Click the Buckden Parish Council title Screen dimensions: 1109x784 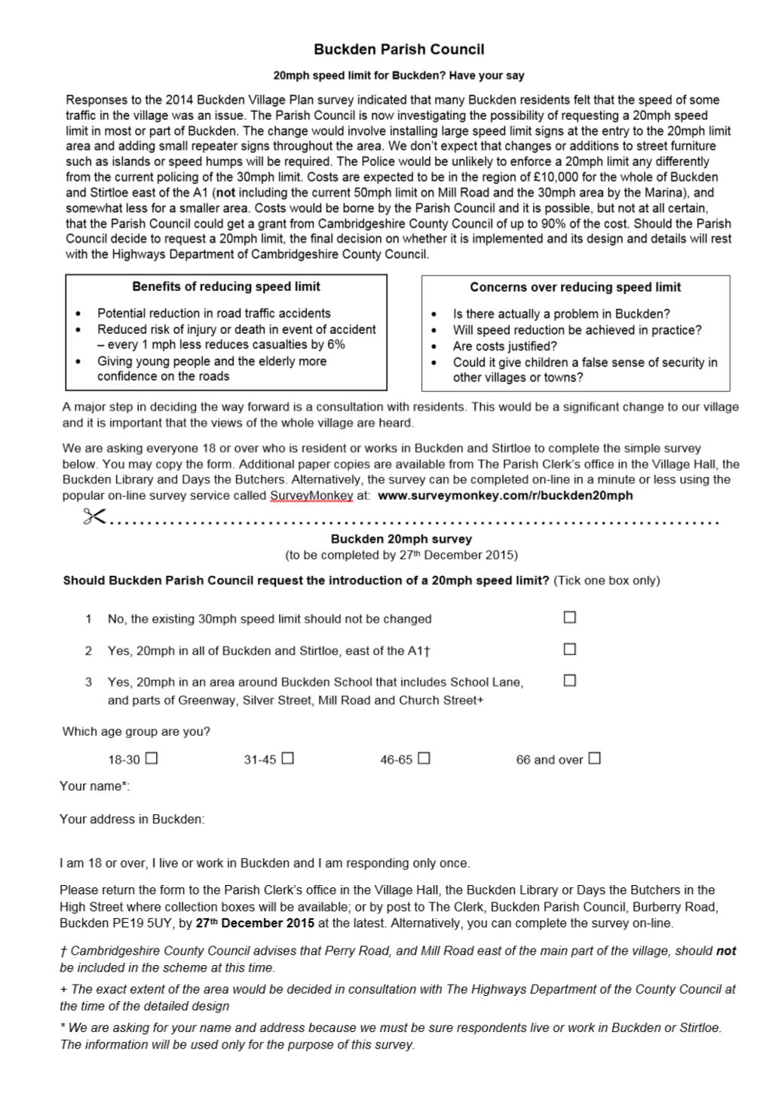pos(399,50)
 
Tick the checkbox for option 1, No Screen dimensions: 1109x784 pos(570,617)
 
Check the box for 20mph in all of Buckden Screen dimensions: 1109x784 pos(570,649)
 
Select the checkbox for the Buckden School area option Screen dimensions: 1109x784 pos(570,680)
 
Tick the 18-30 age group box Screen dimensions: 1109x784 pos(152,758)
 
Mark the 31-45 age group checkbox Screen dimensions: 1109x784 pos(287,758)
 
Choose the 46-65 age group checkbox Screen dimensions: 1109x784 pos(424,758)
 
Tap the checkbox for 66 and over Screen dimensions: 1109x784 pos(594,758)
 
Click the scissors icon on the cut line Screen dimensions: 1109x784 pos(95,517)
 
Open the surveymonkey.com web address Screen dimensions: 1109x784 pos(505,496)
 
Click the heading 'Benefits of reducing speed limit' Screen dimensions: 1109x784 pos(226,287)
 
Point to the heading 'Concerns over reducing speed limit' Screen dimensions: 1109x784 pos(575,287)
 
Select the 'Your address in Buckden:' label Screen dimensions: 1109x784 pos(132,819)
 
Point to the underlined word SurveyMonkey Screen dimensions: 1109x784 pos(311,496)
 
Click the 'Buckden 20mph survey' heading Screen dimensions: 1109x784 pos(401,539)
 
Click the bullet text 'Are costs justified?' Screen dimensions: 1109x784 pos(504,346)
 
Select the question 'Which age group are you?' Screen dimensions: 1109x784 pos(136,731)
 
